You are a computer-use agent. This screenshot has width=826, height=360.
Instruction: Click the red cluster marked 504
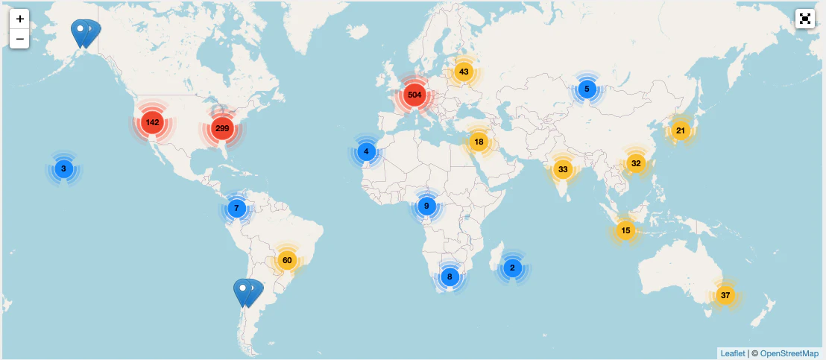coord(414,95)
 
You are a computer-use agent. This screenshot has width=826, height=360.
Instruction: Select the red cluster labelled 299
coord(222,128)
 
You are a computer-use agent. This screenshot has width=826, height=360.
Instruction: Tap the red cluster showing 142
coord(152,122)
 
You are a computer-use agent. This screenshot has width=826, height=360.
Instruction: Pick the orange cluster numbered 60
coord(286,260)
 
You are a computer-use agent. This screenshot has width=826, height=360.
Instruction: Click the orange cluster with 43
coord(464,72)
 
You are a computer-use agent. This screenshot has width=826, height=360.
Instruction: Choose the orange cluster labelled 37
coord(725,295)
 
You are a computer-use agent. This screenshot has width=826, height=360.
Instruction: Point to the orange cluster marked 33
coord(563,169)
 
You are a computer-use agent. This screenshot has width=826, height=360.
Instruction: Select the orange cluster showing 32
coord(635,163)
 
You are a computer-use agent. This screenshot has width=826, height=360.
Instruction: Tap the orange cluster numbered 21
coord(680,130)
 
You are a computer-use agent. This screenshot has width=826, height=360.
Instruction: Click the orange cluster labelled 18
coord(479,142)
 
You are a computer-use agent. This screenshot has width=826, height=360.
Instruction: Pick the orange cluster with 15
coord(625,230)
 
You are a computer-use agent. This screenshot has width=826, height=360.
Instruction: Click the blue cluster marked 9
coord(426,206)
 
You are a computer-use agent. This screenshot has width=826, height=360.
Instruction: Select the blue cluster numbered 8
coord(449,277)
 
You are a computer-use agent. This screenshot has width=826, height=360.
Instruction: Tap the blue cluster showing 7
coord(236,208)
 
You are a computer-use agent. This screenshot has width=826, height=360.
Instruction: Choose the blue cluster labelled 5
coord(587,89)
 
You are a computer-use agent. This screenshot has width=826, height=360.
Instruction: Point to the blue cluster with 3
coord(63,168)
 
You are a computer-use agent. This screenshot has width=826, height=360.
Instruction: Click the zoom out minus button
coord(19,39)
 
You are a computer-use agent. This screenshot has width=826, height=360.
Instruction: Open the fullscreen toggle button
coord(805,19)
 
